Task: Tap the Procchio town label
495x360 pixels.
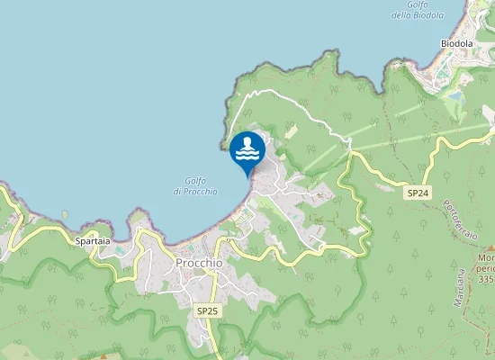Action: click(x=199, y=263)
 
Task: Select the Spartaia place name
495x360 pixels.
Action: click(x=94, y=242)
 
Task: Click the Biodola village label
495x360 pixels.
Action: click(x=456, y=43)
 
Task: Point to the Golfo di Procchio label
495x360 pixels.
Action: click(x=194, y=185)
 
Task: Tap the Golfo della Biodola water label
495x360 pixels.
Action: click(x=418, y=10)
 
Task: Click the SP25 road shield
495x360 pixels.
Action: click(x=207, y=310)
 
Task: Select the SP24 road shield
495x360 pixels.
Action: click(x=416, y=193)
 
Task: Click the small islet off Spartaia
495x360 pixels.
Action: click(x=65, y=214)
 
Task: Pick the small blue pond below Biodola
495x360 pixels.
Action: click(x=454, y=94)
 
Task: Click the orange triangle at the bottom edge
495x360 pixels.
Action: click(x=103, y=356)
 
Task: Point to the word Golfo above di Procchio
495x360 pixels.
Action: click(x=196, y=180)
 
